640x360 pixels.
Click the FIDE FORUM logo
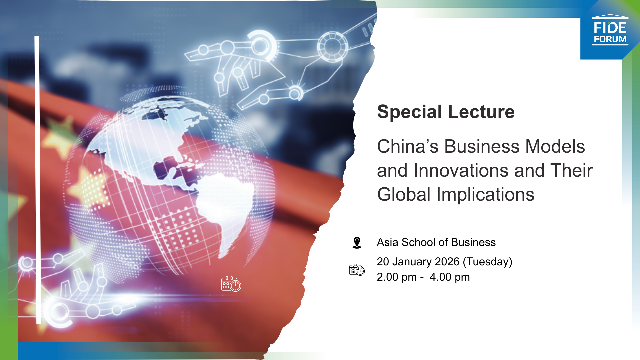coord(610,31)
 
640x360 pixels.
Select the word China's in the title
coord(407,146)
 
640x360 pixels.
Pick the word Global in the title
coord(404,195)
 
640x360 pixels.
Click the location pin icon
coord(357,242)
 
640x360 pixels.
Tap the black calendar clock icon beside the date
coord(357,270)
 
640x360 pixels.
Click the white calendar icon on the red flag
coord(231,284)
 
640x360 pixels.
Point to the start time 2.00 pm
coord(396,277)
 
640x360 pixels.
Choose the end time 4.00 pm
coord(449,277)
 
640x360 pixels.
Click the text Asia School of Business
coord(436,242)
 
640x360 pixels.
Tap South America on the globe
coord(223,203)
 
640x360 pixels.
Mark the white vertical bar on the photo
coord(38,180)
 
